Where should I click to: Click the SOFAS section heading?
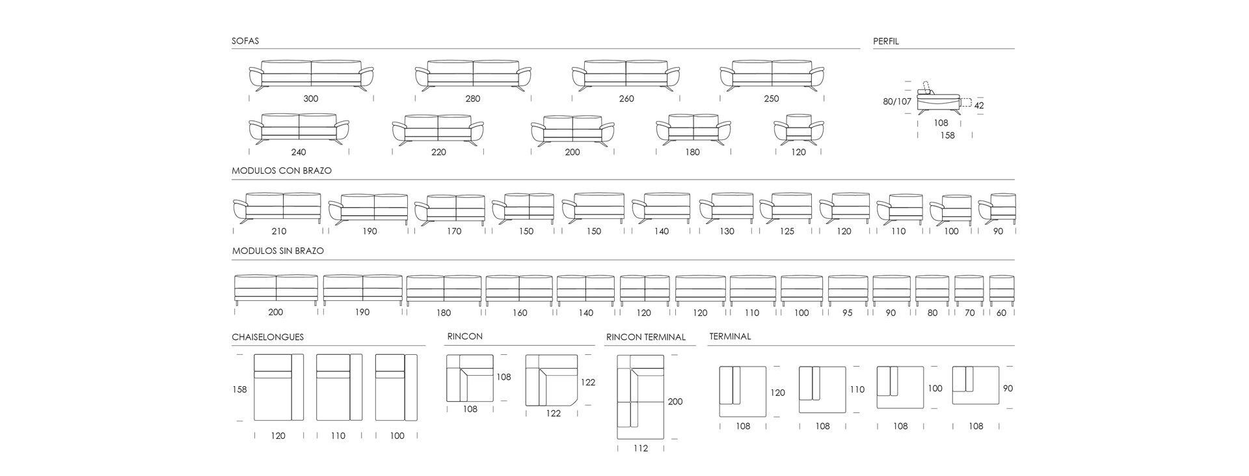(245, 41)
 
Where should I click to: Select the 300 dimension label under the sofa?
(311, 99)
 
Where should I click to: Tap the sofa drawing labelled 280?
(473, 76)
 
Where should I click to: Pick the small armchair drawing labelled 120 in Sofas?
(798, 128)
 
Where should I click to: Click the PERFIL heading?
(885, 41)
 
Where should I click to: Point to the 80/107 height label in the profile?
(897, 102)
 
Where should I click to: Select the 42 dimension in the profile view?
(979, 105)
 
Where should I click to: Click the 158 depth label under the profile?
(947, 135)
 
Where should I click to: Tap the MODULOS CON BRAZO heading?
(282, 171)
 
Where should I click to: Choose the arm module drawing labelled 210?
(278, 208)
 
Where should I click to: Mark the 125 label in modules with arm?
(786, 231)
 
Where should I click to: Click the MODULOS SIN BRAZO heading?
(278, 251)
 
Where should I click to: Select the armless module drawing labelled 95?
(848, 290)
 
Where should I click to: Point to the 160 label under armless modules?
(520, 313)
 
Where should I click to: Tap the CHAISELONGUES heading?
(267, 337)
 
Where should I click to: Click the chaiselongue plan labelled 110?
(339, 387)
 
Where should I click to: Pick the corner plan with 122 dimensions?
(551, 381)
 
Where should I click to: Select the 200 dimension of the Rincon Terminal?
(675, 402)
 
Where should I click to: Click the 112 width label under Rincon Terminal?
(641, 448)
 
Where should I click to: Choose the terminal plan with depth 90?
(975, 385)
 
